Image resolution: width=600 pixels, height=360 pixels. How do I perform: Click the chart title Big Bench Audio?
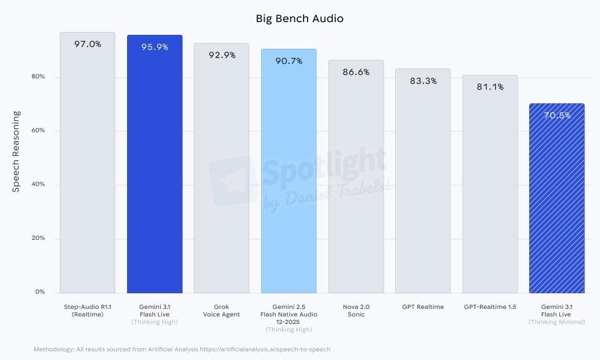point(299,19)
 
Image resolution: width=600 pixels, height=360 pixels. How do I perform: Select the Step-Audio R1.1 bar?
point(88,168)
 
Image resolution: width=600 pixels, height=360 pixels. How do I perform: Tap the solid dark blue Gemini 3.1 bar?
point(154,168)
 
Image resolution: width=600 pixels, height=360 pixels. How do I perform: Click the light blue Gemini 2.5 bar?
point(288,174)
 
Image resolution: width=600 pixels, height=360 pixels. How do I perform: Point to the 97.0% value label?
point(88,44)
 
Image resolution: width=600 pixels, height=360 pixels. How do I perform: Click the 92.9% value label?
point(222,55)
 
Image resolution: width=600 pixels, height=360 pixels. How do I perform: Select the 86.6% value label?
point(356,72)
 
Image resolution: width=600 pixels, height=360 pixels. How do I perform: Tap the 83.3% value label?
point(423,81)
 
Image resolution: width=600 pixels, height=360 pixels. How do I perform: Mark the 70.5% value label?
point(556,116)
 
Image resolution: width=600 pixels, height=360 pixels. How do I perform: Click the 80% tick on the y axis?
point(38,77)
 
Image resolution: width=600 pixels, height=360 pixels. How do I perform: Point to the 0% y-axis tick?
point(40,292)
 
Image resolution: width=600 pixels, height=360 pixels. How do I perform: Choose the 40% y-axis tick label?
point(38,185)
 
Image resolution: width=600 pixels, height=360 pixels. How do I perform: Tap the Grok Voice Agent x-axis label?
point(222,311)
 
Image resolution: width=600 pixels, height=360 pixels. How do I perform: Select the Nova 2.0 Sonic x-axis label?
point(356,311)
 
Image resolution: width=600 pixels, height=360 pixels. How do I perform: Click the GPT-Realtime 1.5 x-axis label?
point(490,307)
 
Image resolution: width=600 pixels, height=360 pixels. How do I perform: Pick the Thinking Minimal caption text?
point(556,322)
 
